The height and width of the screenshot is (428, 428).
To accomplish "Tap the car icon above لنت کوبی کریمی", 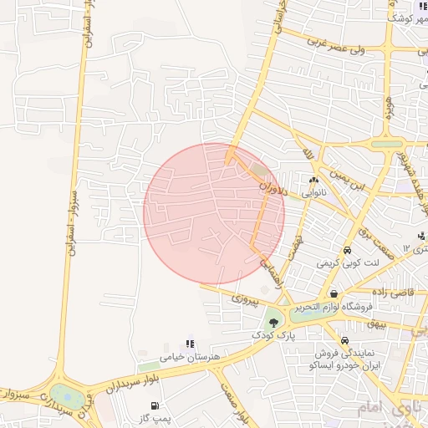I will coord(347,250).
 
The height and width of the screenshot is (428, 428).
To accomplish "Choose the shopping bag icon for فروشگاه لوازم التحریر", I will coord(334,294).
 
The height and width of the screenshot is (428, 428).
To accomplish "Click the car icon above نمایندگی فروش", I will coord(344,340).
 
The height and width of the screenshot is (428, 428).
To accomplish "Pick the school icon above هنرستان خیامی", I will coord(190,344).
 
